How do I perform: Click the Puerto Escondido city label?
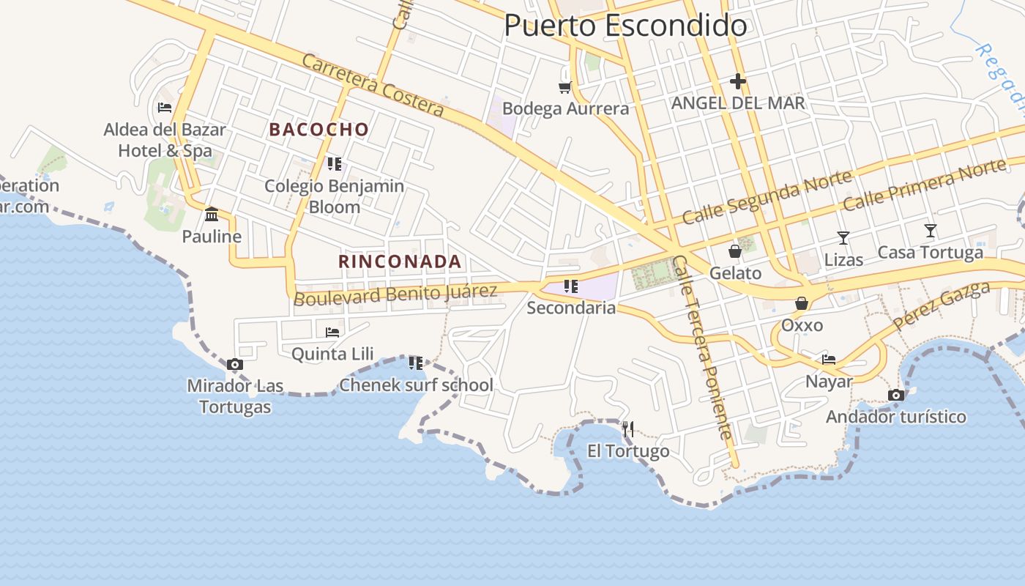625,26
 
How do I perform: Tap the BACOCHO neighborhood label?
318,130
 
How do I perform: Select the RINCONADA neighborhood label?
400,262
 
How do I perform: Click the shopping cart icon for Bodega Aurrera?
564,88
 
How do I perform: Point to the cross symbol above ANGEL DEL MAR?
737,81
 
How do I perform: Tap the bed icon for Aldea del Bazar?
165,108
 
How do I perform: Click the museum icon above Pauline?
212,214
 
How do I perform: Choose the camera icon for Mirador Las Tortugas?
235,364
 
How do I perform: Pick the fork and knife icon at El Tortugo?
627,429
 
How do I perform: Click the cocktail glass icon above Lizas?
843,237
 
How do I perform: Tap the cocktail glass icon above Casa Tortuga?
930,231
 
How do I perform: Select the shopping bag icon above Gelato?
735,251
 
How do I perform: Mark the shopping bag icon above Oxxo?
802,303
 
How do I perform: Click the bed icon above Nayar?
829,359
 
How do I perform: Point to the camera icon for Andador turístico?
895,396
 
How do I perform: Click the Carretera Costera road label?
373,85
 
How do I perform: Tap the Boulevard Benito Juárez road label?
395,294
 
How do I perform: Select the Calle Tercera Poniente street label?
703,348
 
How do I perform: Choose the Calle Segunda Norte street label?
767,196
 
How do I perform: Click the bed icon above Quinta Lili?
332,332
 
